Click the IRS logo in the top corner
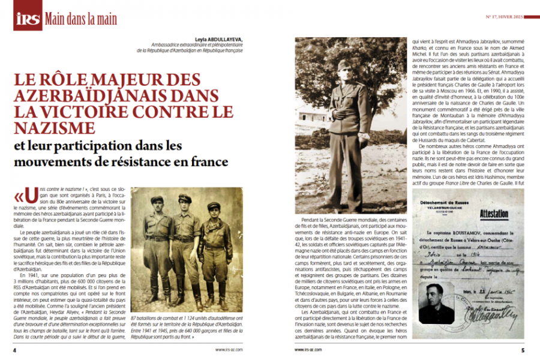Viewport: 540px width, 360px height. (28, 19)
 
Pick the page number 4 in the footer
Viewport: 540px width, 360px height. (15, 350)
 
